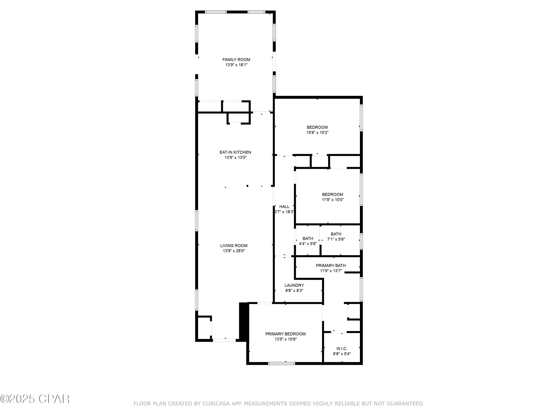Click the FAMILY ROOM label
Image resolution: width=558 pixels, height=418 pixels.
[x=236, y=60]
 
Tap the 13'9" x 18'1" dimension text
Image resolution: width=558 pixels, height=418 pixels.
[x=236, y=65]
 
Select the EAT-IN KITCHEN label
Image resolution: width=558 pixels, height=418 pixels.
[x=235, y=152]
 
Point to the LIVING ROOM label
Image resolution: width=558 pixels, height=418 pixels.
[x=234, y=246]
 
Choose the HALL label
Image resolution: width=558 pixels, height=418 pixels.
[x=284, y=207]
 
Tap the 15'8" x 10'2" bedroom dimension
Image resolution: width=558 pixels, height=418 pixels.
[x=317, y=132]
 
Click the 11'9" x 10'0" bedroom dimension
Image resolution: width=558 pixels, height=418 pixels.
[x=333, y=200]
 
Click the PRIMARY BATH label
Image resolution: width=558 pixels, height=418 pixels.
[x=331, y=265]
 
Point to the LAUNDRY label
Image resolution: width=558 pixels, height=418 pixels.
[x=294, y=285]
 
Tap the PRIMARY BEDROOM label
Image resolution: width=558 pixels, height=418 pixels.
[x=285, y=334]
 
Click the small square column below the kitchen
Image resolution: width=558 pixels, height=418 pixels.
[x=247, y=186]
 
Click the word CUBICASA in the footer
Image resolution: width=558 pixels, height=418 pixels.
[x=216, y=404]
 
